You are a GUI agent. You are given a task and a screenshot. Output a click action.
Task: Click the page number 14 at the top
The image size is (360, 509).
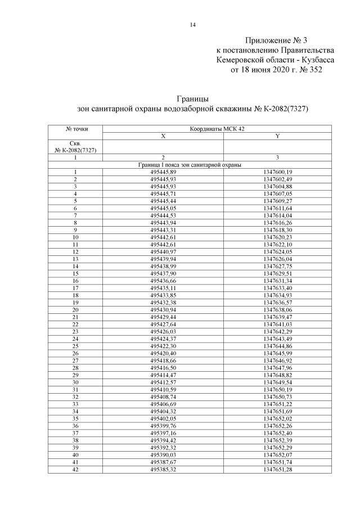tap(192, 25)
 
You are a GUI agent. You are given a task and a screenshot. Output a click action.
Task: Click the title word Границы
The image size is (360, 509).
tap(192, 99)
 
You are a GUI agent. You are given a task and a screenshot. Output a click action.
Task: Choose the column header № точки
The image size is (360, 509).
tap(76, 129)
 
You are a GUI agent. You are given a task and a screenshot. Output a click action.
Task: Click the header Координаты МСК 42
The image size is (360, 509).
tap(217, 129)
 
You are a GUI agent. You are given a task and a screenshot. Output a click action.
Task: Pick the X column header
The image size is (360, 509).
tap(163, 136)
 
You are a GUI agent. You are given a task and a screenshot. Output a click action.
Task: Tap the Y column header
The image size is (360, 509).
tap(277, 136)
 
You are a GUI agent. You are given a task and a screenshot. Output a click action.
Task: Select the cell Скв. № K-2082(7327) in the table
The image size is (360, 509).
tap(76, 147)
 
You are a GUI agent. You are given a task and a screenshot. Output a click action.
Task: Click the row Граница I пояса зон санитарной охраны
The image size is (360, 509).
tap(190, 165)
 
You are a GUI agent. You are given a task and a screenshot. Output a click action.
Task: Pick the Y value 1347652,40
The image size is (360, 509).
tap(277, 433)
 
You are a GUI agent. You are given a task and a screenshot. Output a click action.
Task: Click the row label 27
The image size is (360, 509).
tap(75, 360)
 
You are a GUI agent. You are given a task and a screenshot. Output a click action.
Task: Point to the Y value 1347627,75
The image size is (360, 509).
tap(277, 266)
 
